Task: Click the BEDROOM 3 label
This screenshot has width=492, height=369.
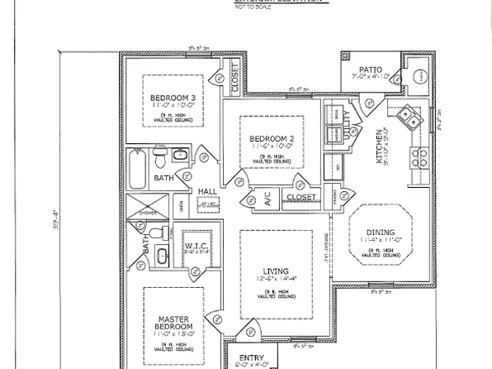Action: pyautogui.click(x=172, y=98)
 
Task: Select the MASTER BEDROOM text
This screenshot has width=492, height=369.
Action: pyautogui.click(x=173, y=323)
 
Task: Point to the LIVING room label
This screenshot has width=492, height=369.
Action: pyautogui.click(x=277, y=271)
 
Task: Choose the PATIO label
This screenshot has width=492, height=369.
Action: pyautogui.click(x=369, y=68)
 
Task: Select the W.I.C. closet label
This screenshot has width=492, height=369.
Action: pyautogui.click(x=195, y=246)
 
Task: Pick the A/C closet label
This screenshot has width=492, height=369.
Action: pyautogui.click(x=267, y=198)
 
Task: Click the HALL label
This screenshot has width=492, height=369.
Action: pyautogui.click(x=207, y=191)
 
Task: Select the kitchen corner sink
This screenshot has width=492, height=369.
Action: pyautogui.click(x=406, y=121)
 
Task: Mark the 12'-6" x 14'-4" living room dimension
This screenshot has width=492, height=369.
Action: pyautogui.click(x=277, y=280)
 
